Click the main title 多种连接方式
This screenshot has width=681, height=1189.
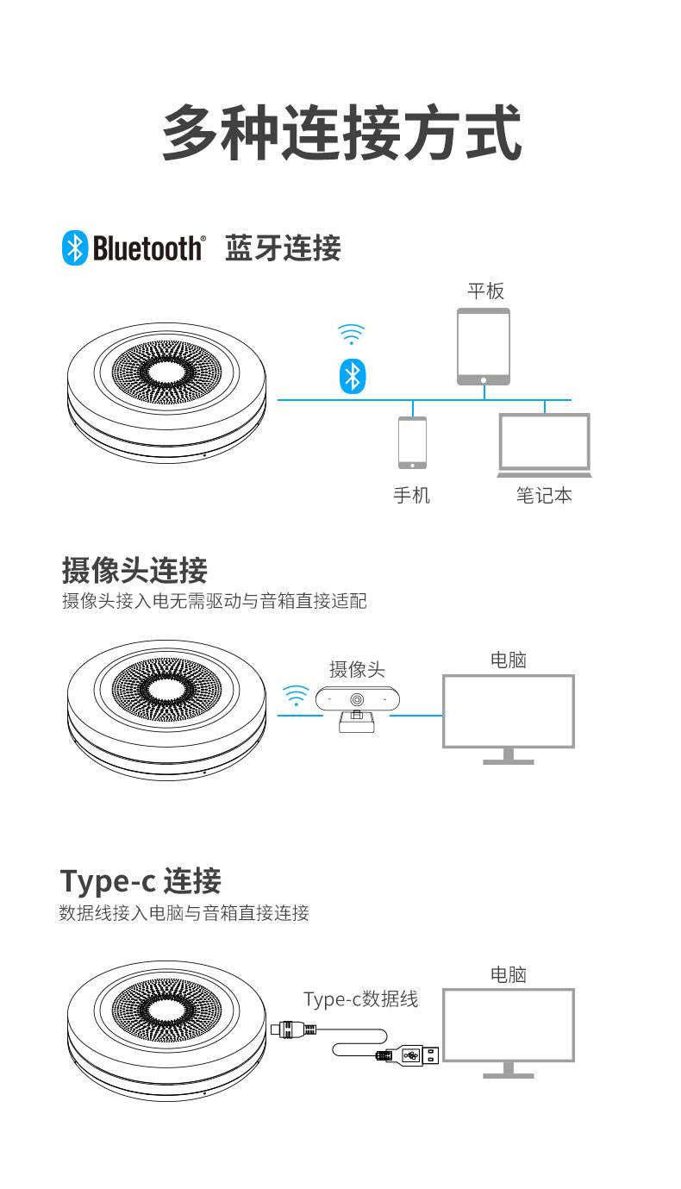341,133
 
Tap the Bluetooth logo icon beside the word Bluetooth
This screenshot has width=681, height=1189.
75,248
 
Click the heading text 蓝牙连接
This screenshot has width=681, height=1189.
283,248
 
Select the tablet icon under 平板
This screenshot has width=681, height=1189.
484,347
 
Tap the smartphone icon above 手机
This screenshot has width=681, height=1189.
412,442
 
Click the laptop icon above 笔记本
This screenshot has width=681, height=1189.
545,445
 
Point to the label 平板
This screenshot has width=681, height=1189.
485,291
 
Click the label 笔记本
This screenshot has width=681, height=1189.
544,496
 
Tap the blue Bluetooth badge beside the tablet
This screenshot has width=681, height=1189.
351,376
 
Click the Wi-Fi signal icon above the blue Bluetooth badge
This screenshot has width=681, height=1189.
351,334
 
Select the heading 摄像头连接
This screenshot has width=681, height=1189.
134,570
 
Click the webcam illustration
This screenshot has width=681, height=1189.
356,706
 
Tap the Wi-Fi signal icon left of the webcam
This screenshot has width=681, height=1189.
296,695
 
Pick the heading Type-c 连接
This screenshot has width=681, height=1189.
141,881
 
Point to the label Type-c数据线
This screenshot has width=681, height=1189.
360,999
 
